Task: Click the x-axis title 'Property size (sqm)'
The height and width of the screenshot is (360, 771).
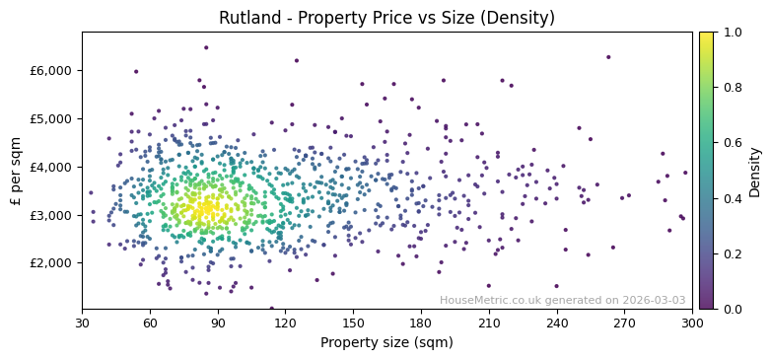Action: [x=386, y=343]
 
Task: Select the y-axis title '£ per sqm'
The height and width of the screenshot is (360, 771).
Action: [x=16, y=171]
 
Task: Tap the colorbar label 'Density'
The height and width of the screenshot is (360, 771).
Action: [x=754, y=171]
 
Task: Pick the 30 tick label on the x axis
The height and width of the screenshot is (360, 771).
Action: [x=82, y=323]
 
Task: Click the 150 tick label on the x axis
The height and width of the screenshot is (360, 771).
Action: [x=353, y=323]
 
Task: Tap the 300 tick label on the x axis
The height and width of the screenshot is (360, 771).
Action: [x=692, y=323]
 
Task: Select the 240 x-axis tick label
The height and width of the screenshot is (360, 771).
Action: [x=556, y=323]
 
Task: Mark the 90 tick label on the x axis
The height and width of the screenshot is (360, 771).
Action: [x=217, y=323]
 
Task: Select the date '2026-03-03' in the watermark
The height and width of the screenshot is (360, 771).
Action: [x=655, y=301]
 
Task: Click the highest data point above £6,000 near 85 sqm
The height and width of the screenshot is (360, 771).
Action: [x=206, y=47]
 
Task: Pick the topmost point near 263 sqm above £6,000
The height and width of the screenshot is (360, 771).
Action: [x=608, y=57]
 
